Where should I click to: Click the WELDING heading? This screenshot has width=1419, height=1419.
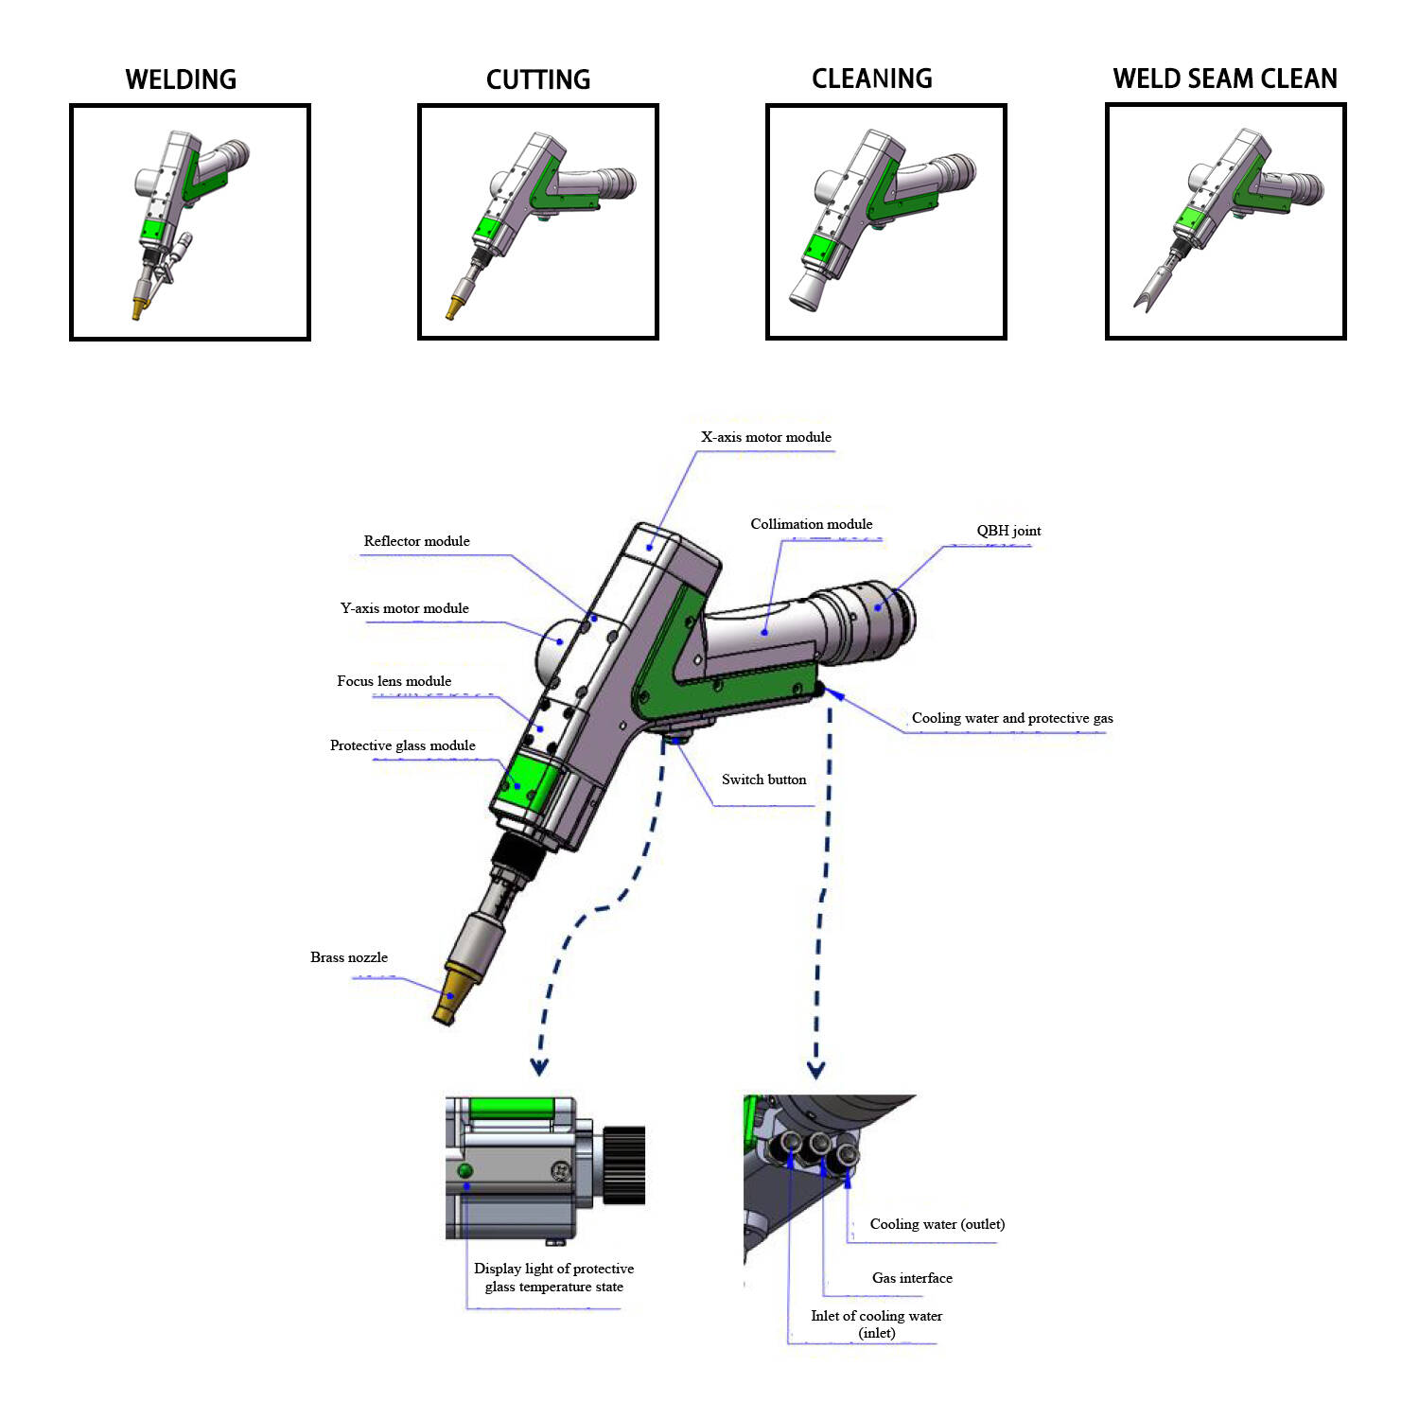(x=181, y=79)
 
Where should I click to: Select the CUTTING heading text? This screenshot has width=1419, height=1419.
(x=538, y=79)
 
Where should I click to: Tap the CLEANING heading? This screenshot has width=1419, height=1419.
(x=872, y=79)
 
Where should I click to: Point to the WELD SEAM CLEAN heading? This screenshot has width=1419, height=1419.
(x=1225, y=79)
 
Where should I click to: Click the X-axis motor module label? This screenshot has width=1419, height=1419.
(x=766, y=437)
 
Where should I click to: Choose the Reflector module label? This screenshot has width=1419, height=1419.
(x=416, y=541)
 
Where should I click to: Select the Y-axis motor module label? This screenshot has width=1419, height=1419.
(x=404, y=608)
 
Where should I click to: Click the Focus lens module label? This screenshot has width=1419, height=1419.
(x=394, y=681)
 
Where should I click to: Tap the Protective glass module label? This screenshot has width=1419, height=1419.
(x=402, y=745)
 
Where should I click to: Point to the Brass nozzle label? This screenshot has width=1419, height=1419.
(x=348, y=957)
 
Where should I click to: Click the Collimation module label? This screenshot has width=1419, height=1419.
(x=811, y=524)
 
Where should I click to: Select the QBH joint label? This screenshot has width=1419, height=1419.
(x=1008, y=531)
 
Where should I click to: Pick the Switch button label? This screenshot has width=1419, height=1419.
(x=763, y=780)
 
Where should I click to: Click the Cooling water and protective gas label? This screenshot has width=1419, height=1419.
(x=1012, y=718)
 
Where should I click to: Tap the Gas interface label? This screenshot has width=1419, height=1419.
(x=912, y=1278)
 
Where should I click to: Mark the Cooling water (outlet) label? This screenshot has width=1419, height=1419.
(x=937, y=1224)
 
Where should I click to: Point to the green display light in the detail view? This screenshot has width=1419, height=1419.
(x=464, y=1171)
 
